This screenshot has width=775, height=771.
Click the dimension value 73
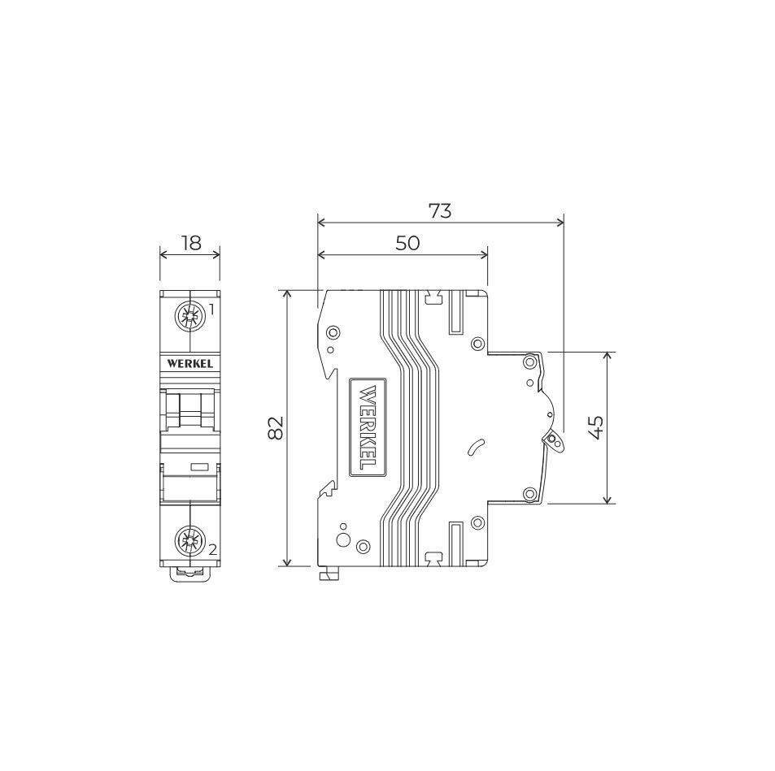tap(440, 211)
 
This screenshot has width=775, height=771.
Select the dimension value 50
tap(407, 243)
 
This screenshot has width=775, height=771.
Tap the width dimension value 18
tap(191, 243)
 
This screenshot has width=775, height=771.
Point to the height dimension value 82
tap(276, 427)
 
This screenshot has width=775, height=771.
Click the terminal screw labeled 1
tap(190, 315)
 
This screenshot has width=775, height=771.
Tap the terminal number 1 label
tap(211, 310)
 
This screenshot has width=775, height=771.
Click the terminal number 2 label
tap(213, 550)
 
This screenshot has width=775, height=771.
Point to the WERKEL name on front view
tap(190, 364)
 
